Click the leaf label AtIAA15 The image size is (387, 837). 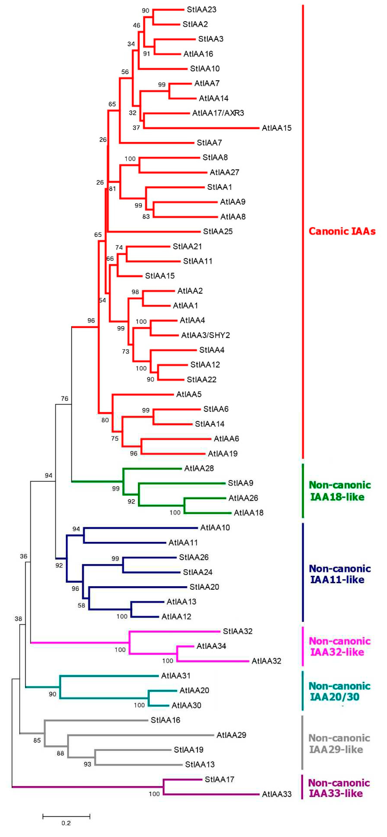click(277, 128)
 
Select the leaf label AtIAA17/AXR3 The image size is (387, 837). click(218, 113)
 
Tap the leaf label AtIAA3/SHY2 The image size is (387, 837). click(205, 335)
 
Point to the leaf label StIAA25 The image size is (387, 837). click(218, 231)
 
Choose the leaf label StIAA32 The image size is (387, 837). click(238, 631)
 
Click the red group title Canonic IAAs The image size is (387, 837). click(342, 231)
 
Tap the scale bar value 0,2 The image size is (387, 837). click(66, 823)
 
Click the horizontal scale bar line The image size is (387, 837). click(66, 816)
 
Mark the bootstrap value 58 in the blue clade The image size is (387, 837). click(81, 605)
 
